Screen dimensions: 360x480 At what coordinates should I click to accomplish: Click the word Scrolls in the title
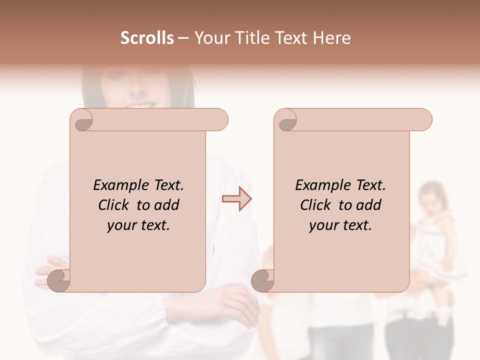tap(147, 38)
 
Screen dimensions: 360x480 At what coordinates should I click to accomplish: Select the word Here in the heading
tap(331, 38)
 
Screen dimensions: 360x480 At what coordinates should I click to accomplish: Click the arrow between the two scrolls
tap(237, 199)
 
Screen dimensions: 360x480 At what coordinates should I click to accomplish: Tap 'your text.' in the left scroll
tap(138, 225)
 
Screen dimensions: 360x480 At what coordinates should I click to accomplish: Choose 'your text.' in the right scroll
tap(340, 225)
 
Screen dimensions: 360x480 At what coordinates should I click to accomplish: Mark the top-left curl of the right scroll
tap(286, 120)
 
